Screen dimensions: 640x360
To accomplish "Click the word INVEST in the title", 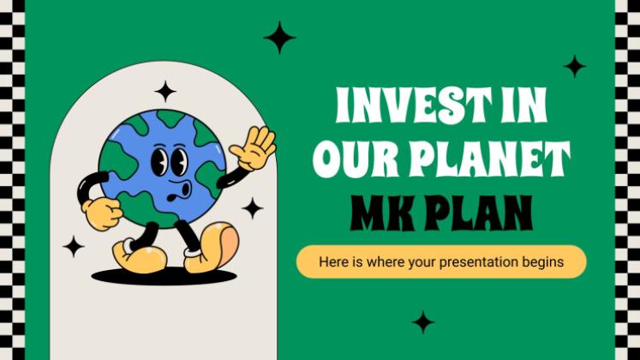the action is [x=415, y=105].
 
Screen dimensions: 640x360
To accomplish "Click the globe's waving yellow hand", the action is [x=254, y=147].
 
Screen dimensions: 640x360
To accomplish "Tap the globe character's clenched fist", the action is [x=103, y=214].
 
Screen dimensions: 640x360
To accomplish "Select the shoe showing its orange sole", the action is [x=212, y=247].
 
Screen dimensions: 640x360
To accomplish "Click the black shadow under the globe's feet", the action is [x=164, y=277].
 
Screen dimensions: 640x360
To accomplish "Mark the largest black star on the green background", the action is [x=279, y=38].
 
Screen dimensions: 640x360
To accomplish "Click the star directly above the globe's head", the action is [x=165, y=92].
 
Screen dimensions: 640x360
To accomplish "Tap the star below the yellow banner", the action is [x=423, y=322].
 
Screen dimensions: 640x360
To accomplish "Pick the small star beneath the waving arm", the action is [x=253, y=208].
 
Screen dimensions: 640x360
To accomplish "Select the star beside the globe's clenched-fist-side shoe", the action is [x=74, y=247].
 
